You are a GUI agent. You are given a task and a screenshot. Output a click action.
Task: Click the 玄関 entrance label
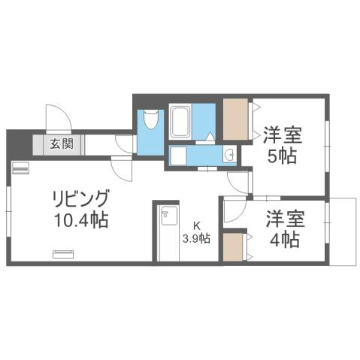pos(62,144)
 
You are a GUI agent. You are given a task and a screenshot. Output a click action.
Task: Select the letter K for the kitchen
pos(197,225)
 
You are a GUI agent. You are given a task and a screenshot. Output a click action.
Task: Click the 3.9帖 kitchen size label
pos(197,240)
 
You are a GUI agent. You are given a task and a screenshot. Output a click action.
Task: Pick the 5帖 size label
pos(283,157)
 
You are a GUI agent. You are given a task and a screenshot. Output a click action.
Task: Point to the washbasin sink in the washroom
pos(230,156)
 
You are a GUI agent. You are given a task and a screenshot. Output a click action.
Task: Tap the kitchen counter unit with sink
pos(167,233)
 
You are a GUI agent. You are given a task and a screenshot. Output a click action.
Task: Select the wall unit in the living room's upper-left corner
pos(20,169)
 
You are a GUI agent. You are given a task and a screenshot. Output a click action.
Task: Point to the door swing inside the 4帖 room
pos(234,211)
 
